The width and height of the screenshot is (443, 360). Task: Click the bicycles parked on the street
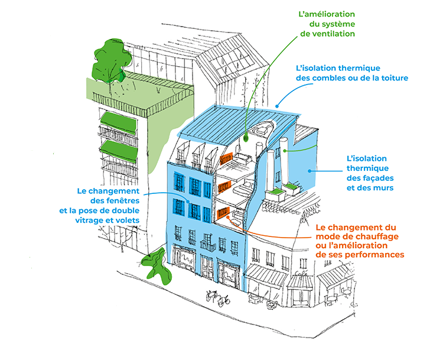(217, 297)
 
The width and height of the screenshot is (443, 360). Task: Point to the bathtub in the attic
(262, 128)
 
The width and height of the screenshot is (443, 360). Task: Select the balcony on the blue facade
(208, 244)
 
